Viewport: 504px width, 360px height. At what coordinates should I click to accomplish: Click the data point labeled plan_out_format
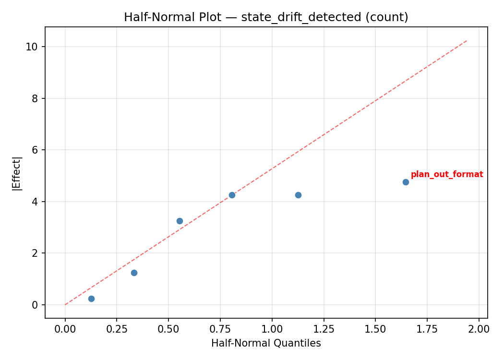point(406,182)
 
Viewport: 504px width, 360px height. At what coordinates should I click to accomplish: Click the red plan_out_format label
point(446,174)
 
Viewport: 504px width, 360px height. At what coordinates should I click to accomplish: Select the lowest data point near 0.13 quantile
point(91,299)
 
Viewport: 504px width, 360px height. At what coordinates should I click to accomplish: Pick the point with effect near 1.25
point(134,273)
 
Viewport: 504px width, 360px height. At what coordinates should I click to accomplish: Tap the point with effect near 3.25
point(180,221)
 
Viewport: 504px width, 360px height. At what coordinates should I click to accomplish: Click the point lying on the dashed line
point(232,195)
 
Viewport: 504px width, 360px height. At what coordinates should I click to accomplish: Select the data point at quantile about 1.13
point(298,195)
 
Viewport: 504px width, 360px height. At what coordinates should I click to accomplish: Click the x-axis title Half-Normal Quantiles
point(266,343)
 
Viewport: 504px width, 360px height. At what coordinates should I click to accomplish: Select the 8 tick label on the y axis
point(36,98)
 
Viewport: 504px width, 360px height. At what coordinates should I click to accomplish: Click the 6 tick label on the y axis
point(36,150)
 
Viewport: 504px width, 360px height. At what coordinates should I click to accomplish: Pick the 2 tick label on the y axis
point(36,253)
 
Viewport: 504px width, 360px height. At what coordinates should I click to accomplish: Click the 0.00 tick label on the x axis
point(65,329)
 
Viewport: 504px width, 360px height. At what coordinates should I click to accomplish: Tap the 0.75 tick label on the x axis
point(220,329)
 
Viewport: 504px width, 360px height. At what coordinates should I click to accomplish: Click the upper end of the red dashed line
point(467,40)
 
